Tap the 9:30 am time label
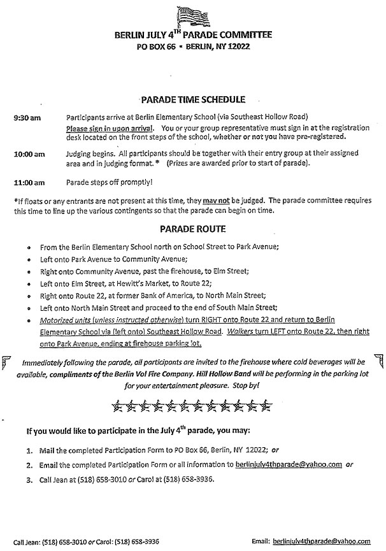[x=27, y=118]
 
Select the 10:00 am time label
[x=29, y=154]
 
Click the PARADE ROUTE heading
[x=192, y=227]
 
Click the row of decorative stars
[x=192, y=404]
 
